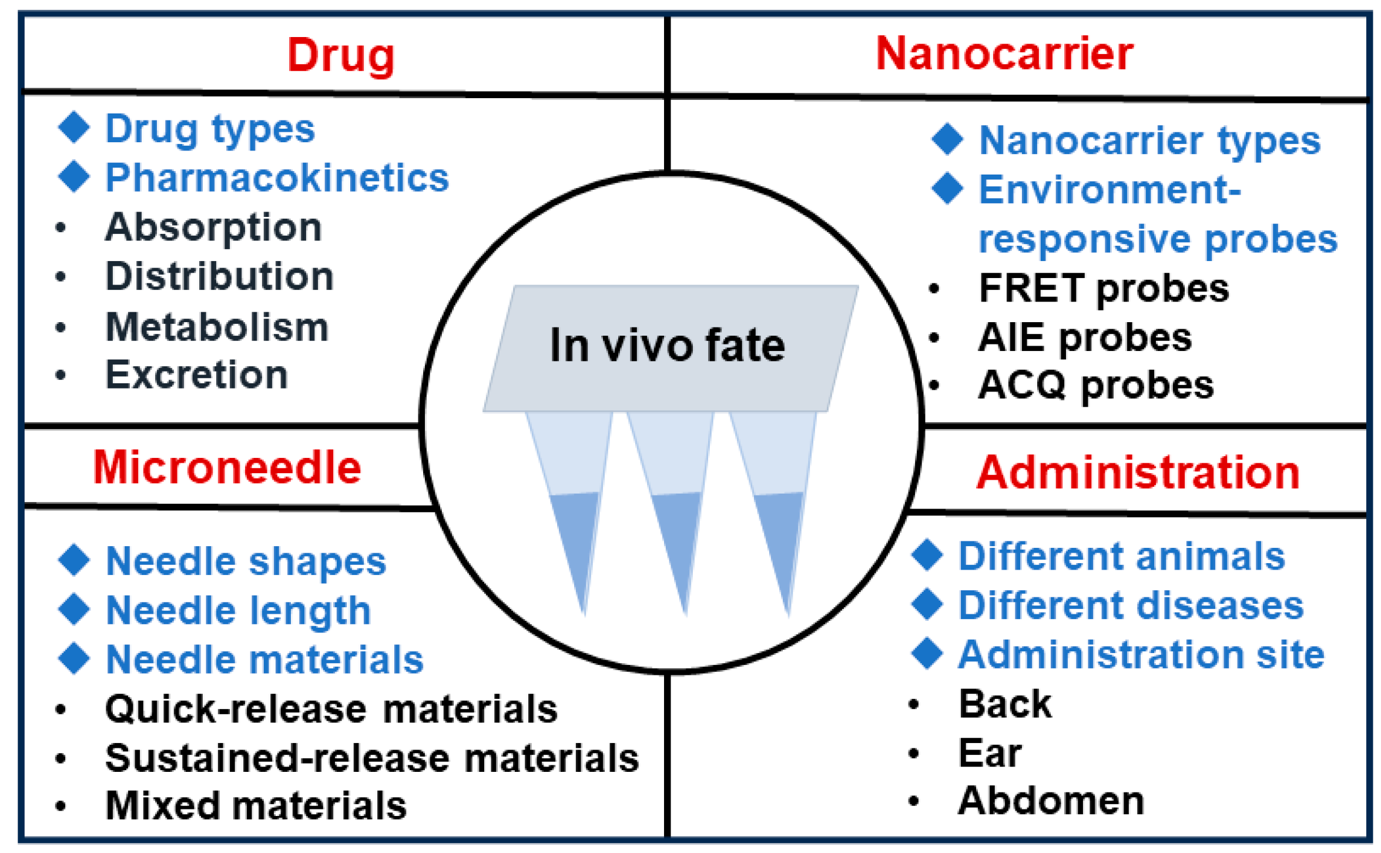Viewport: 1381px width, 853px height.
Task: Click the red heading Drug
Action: (341, 56)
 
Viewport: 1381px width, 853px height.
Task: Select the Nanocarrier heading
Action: (1004, 54)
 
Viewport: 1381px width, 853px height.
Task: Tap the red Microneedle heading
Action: (227, 468)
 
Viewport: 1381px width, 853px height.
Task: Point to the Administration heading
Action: (1138, 473)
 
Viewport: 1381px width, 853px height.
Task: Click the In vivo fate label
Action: (667, 346)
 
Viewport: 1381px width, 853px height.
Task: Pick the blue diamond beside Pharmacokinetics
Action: (74, 176)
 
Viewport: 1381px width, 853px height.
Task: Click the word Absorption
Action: (213, 228)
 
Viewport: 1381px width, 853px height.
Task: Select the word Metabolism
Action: (217, 327)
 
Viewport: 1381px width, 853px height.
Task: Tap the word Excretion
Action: (196, 375)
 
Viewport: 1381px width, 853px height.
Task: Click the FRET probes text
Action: (1104, 289)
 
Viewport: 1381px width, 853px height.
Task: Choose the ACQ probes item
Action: (1096, 386)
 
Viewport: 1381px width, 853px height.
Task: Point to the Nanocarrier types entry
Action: (1149, 141)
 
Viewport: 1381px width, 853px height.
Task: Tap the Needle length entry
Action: (238, 611)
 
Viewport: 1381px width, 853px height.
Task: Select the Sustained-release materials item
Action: (371, 758)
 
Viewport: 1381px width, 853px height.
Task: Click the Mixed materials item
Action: (256, 806)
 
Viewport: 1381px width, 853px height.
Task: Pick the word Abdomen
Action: (1051, 801)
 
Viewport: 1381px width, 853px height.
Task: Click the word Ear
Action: (990, 753)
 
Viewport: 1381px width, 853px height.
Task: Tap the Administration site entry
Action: (1141, 655)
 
